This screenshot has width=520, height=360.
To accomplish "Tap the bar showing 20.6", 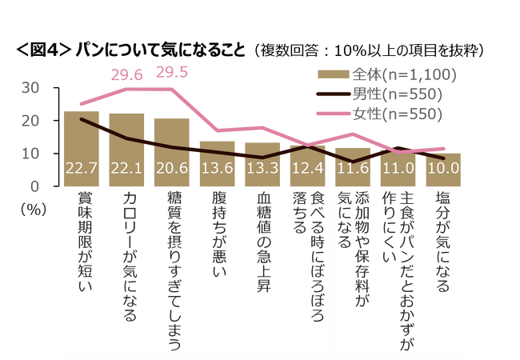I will (x=171, y=153).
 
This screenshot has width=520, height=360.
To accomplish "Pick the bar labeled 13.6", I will (x=217, y=164).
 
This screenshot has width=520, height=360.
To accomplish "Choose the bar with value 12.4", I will (x=307, y=166).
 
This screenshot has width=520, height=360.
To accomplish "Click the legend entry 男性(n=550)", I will (x=381, y=94).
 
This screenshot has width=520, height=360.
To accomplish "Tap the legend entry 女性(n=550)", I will (x=381, y=114).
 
